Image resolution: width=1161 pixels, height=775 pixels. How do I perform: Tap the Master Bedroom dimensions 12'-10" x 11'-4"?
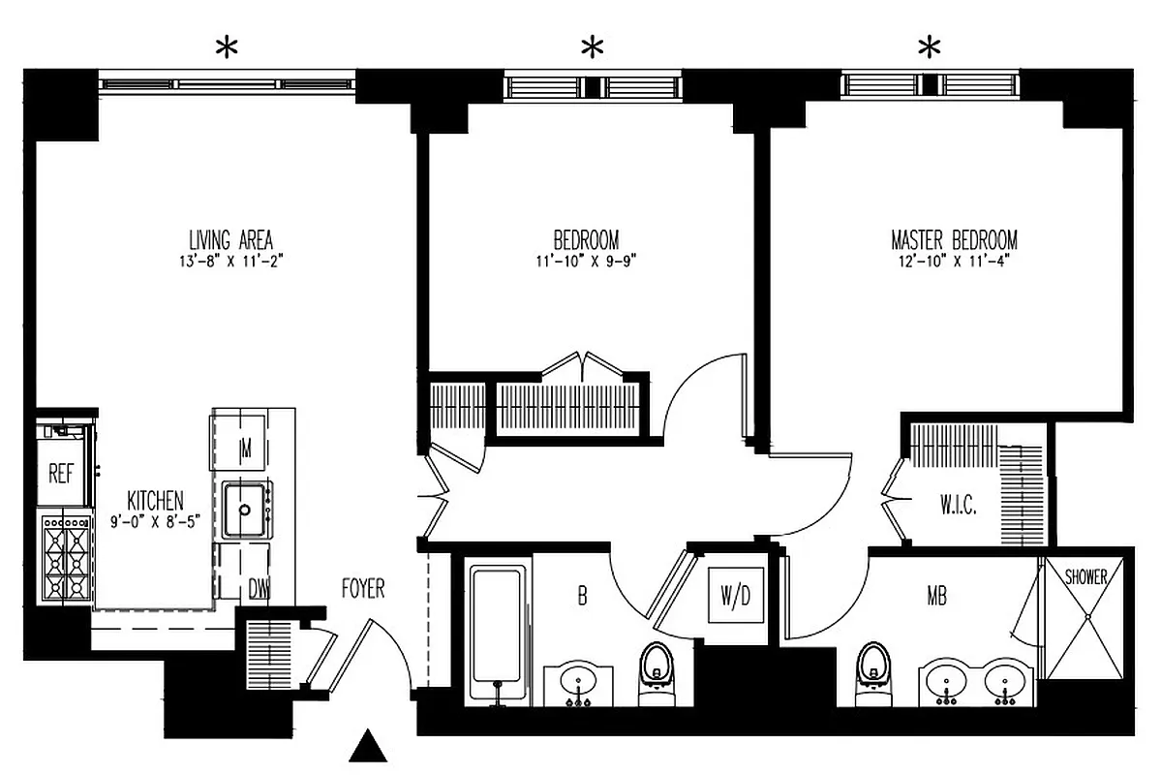click(953, 260)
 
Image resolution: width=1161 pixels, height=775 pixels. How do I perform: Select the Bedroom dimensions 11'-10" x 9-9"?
click(586, 260)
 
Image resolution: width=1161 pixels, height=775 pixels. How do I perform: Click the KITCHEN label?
click(155, 501)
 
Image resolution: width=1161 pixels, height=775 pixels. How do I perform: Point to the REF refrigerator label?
click(62, 475)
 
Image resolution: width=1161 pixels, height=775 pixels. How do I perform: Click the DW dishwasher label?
click(259, 588)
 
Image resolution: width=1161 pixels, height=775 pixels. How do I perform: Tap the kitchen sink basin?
click(246, 510)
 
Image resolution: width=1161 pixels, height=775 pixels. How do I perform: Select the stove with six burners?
click(67, 559)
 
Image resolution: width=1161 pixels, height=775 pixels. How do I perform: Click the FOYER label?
click(363, 588)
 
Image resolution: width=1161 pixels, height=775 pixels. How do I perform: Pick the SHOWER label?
click(1085, 577)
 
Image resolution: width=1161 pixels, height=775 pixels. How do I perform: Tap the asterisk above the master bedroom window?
click(930, 46)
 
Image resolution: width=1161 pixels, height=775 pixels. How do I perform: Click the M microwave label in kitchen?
click(246, 448)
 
